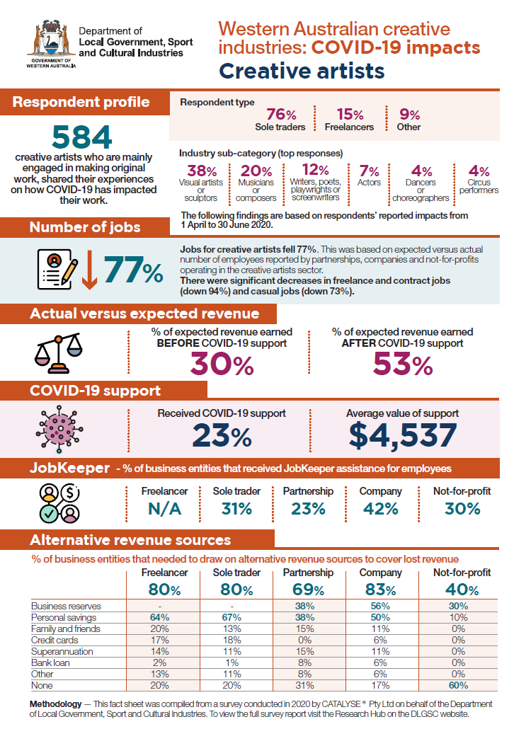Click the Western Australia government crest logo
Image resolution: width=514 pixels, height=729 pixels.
(51, 44)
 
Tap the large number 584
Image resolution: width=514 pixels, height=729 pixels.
(82, 137)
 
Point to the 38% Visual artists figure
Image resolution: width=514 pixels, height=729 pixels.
(202, 171)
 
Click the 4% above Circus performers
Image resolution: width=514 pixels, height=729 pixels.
(479, 171)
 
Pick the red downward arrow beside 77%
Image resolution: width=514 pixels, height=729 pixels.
(89, 270)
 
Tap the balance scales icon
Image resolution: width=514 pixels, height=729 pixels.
(59, 353)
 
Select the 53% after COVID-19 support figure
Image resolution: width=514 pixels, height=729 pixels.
(403, 364)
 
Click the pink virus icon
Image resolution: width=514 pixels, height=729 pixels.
(59, 429)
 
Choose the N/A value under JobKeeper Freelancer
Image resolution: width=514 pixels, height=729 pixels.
(165, 509)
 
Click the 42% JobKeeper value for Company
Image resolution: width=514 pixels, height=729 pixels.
(380, 509)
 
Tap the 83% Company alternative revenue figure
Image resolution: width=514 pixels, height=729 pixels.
(380, 590)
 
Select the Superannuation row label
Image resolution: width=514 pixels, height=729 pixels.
(62, 651)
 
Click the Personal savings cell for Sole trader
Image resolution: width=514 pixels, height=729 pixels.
(232, 617)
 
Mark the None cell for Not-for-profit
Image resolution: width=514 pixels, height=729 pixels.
(458, 685)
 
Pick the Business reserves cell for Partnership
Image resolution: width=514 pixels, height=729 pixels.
(304, 606)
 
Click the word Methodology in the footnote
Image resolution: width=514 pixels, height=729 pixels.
(55, 704)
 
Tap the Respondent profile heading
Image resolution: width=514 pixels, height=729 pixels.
(81, 102)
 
